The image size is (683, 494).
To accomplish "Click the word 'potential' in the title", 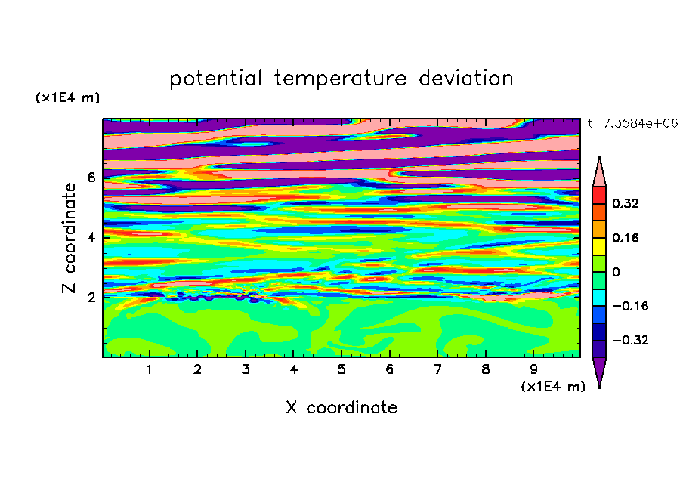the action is pos(215,79).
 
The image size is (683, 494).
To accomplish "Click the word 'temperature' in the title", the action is pos(340,79).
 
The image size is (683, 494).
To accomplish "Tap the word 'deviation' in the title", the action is pos(466,79).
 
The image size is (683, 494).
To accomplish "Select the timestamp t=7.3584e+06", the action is pos(632,123).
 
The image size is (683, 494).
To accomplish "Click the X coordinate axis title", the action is pos(341,407).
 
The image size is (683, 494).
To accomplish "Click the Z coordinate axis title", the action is pos(70,237).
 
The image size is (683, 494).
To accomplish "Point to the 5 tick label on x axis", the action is pos(341,369).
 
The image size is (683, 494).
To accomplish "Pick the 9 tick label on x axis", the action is pos(533,369).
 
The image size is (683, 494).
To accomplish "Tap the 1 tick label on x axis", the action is pos(150,369).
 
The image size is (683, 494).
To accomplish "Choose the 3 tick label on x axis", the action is pos(246,369).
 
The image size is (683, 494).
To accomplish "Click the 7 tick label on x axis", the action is pos(437,369).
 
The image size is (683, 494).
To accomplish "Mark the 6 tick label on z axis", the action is pos(91,178).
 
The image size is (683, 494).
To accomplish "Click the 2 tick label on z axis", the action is pos(91,298).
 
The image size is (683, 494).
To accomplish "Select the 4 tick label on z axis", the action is pos(91,237).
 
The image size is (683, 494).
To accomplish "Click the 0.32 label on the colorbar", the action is pos(626,203).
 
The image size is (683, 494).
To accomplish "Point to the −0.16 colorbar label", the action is pos(630,306).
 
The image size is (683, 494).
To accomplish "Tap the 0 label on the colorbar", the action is pos(616,272).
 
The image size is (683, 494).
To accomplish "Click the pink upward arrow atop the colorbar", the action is pos(599,171).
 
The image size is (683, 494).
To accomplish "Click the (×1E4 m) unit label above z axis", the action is pos(67,97).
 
